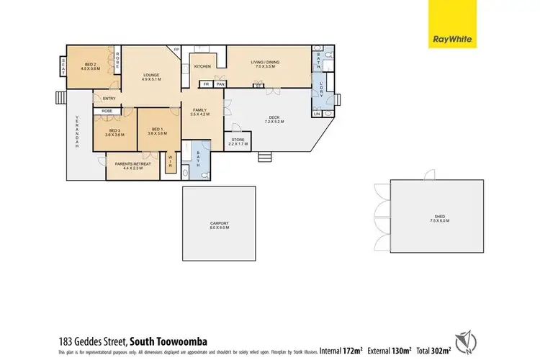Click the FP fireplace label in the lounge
tap(175, 50)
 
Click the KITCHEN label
tap(202, 66)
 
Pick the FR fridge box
tap(206, 84)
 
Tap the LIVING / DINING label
tap(265, 62)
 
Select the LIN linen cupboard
tap(316, 113)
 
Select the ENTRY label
tap(109, 99)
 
